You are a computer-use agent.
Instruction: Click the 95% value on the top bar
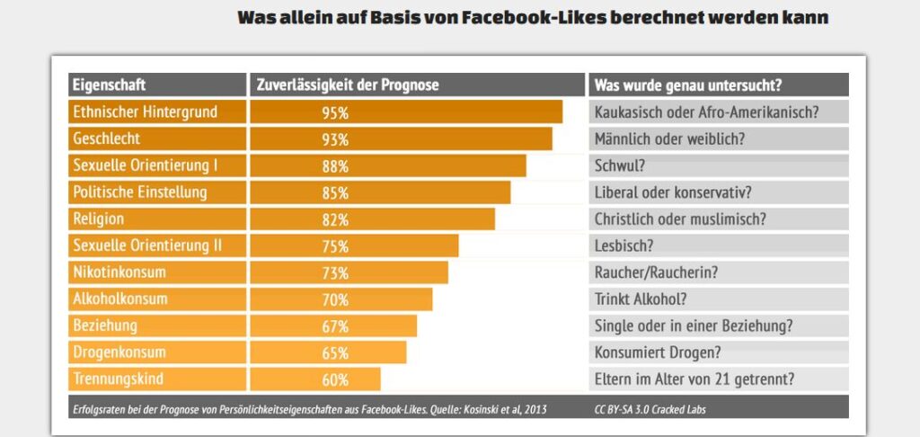[x=336, y=112]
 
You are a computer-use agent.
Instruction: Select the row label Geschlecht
[x=108, y=139]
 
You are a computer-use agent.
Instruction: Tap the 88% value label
[x=336, y=166]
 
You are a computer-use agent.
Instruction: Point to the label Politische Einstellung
[x=140, y=192]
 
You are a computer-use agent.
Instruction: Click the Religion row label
[x=100, y=219]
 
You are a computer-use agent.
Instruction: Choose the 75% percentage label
[x=336, y=246]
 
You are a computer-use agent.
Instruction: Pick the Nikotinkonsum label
[x=120, y=272]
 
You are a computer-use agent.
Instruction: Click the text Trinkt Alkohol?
[x=640, y=299]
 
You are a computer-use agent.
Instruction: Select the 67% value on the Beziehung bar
[x=336, y=326]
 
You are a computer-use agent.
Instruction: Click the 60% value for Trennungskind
[x=336, y=379]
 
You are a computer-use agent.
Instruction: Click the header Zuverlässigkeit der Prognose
[x=348, y=85]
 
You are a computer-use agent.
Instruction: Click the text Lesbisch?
[x=624, y=246]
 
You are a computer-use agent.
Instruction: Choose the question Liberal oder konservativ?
[x=673, y=192]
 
